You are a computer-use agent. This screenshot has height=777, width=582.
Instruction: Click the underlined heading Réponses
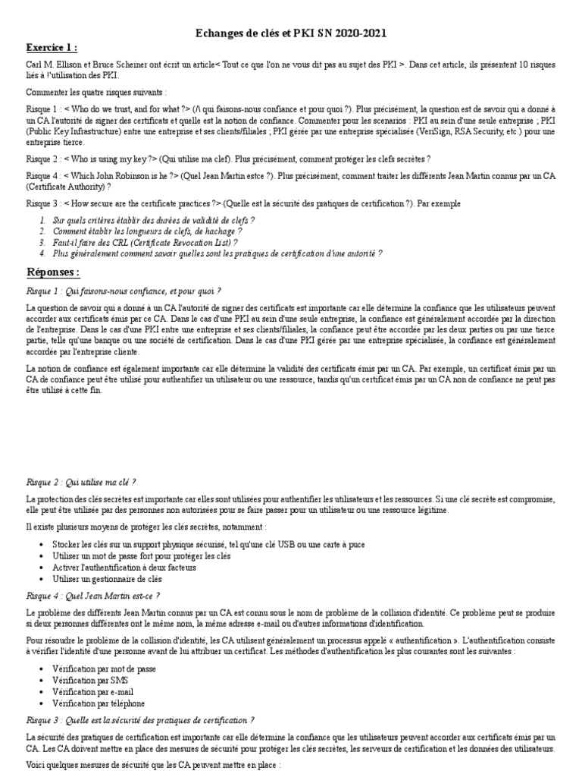(x=53, y=272)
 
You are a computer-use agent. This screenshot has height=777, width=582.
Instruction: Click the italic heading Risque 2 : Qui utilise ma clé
(x=81, y=482)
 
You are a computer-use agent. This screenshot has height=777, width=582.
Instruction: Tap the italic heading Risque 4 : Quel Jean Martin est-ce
(x=93, y=596)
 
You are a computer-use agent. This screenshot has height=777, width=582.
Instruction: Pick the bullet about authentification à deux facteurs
(x=124, y=567)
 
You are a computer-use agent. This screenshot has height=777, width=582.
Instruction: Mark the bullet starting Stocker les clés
(x=197, y=545)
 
